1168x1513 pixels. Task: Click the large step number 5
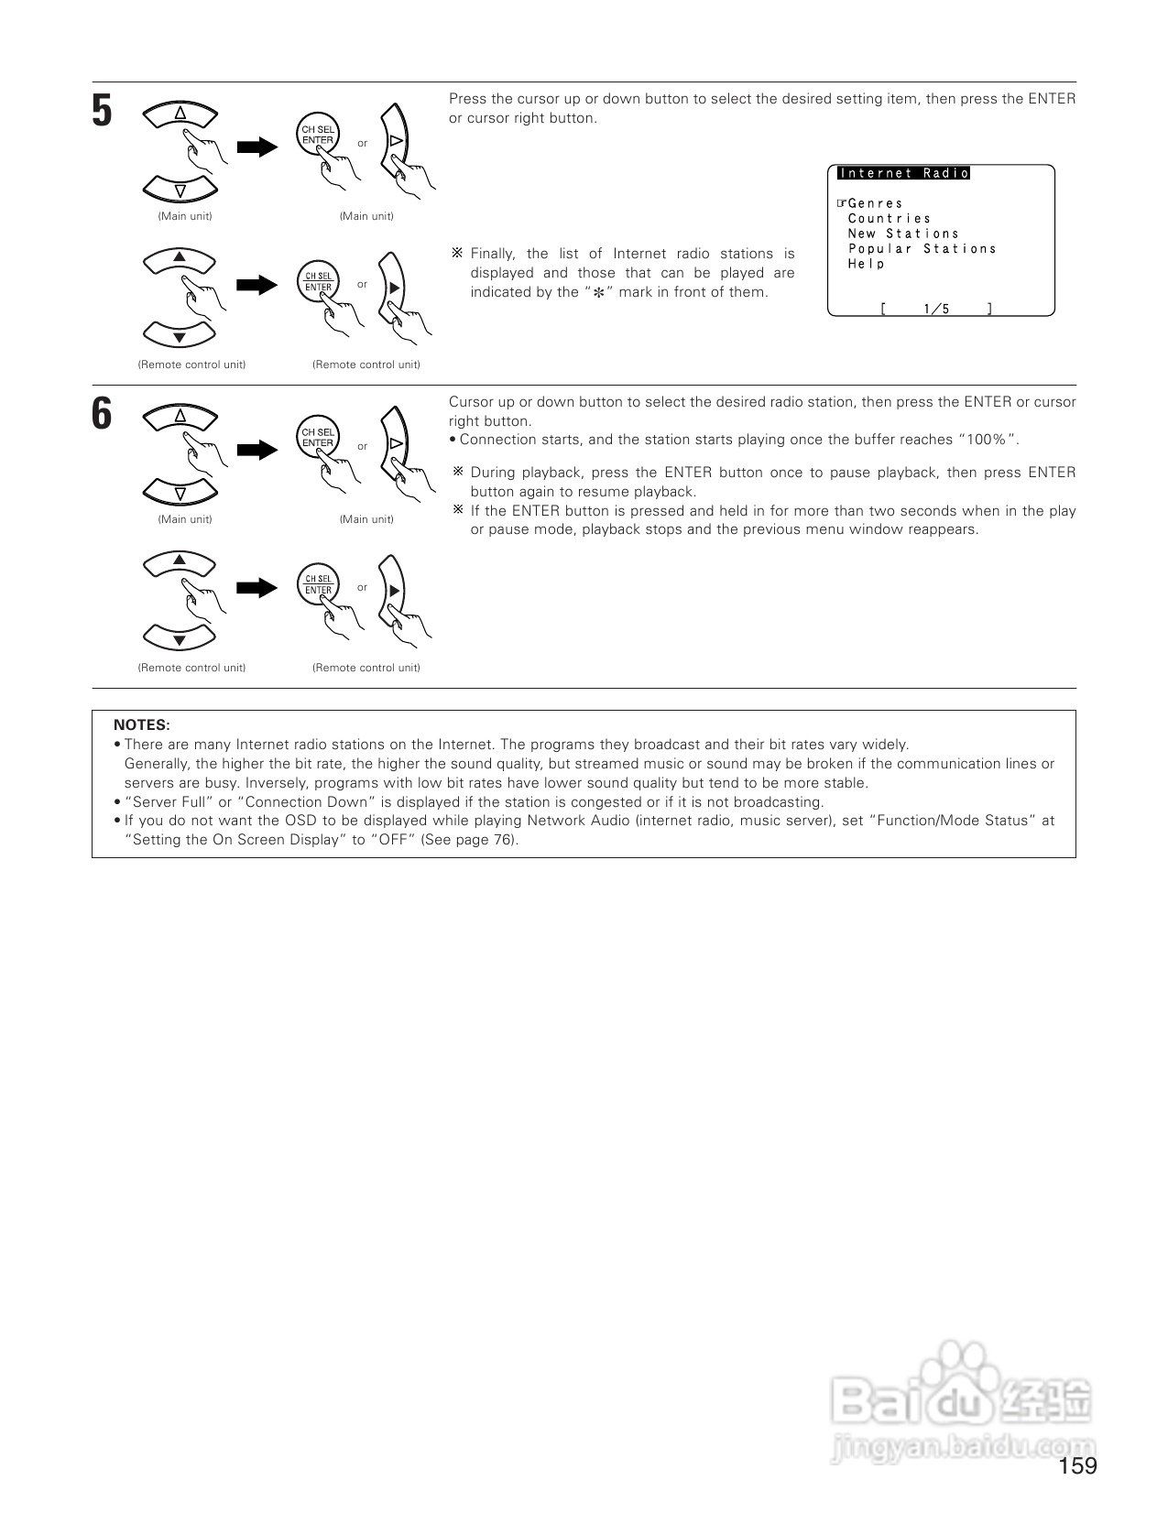pyautogui.click(x=102, y=112)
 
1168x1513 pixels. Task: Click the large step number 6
pyautogui.click(x=102, y=415)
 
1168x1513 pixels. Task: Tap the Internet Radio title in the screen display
pyautogui.click(x=903, y=173)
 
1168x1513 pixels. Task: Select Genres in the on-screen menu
pyautogui.click(x=875, y=203)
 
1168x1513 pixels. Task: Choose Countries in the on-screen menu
pyautogui.click(x=889, y=219)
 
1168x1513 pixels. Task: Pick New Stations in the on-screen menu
pyautogui.click(x=902, y=234)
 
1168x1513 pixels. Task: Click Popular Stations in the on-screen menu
pyautogui.click(x=922, y=249)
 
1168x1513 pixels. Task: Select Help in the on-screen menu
pyautogui.click(x=866, y=264)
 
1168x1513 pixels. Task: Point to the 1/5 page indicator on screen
pyautogui.click(x=936, y=309)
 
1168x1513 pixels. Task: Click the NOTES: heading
pyautogui.click(x=142, y=725)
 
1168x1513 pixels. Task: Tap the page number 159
pyautogui.click(x=1077, y=1466)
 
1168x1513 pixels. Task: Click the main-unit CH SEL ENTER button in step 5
pyautogui.click(x=318, y=136)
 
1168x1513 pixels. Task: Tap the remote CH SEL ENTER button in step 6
pyautogui.click(x=318, y=585)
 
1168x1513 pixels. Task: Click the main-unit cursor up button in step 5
pyautogui.click(x=180, y=114)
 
